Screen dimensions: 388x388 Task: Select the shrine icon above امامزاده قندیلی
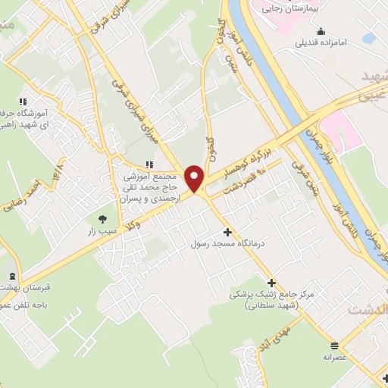click(321, 31)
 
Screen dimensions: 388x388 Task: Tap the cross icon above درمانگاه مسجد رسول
click(227, 231)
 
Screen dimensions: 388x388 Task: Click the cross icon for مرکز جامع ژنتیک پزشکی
click(271, 282)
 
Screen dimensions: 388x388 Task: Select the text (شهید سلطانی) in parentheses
click(269, 305)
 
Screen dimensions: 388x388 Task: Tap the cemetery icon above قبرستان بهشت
click(11, 277)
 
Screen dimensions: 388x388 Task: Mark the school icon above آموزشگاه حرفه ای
click(23, 101)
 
